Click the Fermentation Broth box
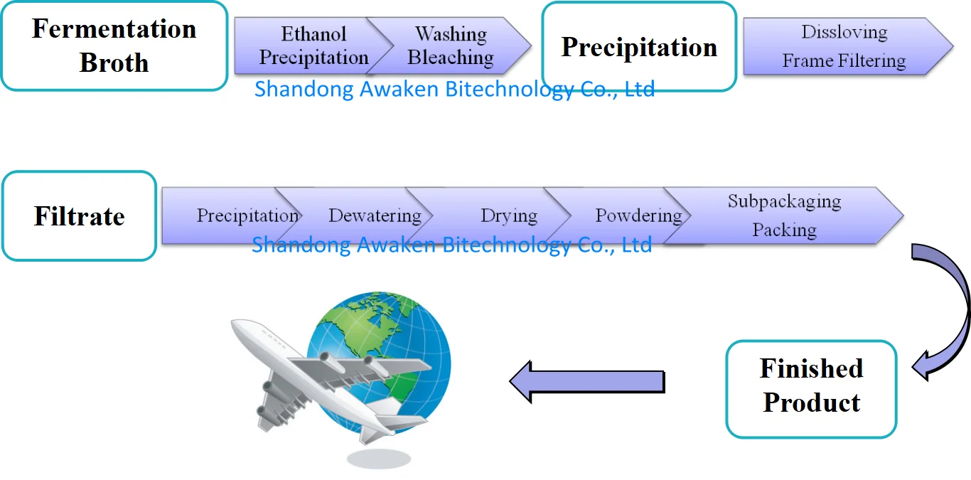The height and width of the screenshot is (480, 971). click(114, 46)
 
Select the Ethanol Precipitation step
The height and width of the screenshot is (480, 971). click(313, 46)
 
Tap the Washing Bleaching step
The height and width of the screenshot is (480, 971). click(451, 46)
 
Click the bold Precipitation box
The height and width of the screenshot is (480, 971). click(639, 47)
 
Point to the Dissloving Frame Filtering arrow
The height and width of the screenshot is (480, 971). click(844, 47)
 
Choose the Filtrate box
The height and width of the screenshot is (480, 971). click(79, 216)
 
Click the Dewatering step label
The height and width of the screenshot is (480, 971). click(375, 215)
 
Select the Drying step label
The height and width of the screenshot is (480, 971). click(508, 215)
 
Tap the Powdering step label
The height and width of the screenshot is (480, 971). click(638, 215)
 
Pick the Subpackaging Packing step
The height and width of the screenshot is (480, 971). click(784, 215)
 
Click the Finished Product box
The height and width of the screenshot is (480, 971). click(811, 388)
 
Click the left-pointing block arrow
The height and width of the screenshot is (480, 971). click(586, 382)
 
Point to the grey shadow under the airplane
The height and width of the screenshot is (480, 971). click(378, 458)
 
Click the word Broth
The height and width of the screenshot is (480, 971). click(114, 63)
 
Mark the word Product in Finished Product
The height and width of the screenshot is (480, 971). click(811, 403)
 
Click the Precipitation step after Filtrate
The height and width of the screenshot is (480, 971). click(247, 215)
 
